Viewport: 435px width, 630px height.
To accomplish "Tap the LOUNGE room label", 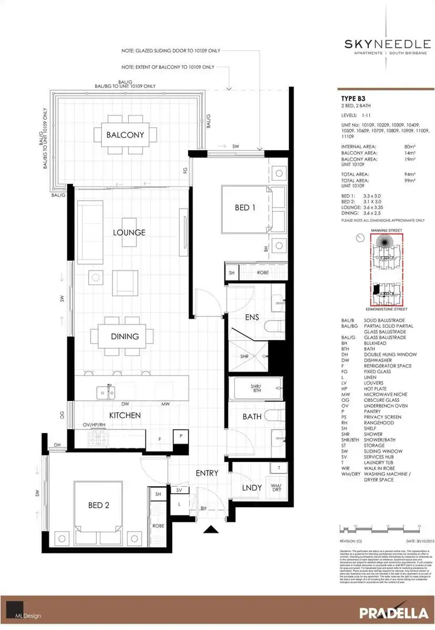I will click(x=129, y=232).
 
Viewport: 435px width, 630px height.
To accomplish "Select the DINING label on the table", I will click(x=125, y=336).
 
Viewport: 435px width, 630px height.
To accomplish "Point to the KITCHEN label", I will click(x=125, y=415).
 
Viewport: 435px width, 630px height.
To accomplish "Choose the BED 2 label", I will click(x=99, y=505).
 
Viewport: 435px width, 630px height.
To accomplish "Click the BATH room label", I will click(x=252, y=416).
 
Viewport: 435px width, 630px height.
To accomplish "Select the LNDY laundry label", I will click(x=252, y=487).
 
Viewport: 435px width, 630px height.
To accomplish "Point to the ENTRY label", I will click(x=206, y=473).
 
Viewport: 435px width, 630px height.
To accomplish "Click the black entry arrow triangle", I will click(x=209, y=529).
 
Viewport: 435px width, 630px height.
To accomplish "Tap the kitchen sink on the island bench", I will click(x=104, y=391).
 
